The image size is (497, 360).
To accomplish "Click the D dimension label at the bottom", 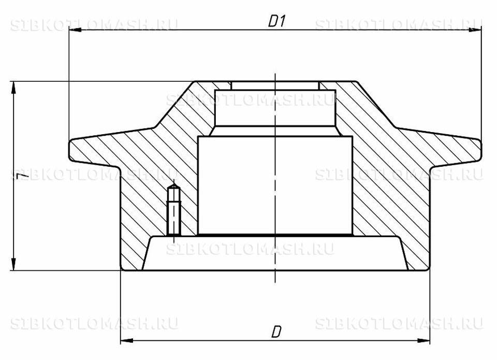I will [276, 332].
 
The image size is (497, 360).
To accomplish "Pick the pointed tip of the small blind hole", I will [174, 182].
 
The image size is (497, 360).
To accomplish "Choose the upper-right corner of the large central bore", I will [353, 136].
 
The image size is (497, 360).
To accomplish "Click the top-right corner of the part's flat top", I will [357, 81].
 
